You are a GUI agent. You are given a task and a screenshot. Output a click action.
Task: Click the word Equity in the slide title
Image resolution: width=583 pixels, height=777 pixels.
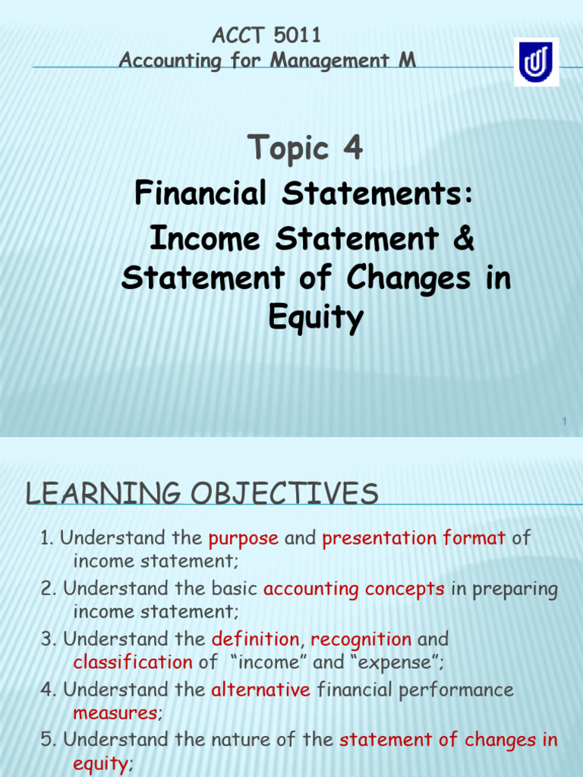tap(316, 319)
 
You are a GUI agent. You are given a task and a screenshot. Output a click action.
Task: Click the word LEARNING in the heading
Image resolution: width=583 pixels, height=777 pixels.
tap(99, 495)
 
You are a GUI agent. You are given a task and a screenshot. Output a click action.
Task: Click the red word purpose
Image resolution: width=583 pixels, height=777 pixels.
tap(243, 539)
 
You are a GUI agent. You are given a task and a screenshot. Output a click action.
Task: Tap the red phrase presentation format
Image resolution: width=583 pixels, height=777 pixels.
tap(414, 539)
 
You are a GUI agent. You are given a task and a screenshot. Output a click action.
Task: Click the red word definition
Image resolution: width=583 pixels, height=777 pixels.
tap(256, 639)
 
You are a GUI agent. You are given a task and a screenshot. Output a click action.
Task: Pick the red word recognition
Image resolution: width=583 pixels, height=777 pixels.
tap(361, 639)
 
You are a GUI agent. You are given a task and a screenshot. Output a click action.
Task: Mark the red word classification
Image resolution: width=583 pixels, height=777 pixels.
tap(133, 662)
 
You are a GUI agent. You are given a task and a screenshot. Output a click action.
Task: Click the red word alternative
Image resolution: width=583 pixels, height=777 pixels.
tap(261, 690)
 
